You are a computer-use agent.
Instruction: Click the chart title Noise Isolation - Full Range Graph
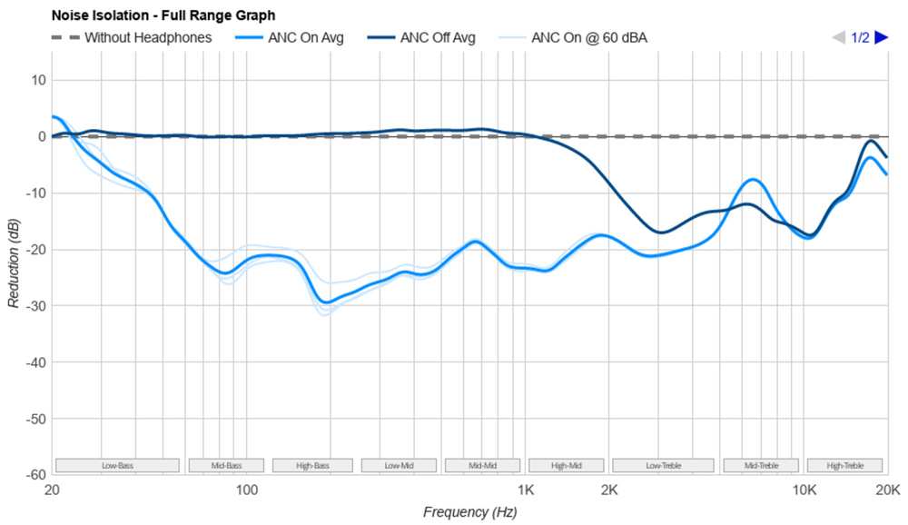(x=163, y=15)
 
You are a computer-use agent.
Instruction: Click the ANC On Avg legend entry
(x=304, y=38)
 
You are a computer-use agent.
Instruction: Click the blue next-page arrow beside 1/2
(x=881, y=38)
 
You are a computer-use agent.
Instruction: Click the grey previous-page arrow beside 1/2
(x=839, y=38)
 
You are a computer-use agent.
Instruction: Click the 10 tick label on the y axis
(x=37, y=80)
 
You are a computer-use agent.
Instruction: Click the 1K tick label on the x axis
(x=526, y=491)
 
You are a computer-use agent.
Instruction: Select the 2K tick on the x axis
(x=609, y=491)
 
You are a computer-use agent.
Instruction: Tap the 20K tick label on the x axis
(x=886, y=491)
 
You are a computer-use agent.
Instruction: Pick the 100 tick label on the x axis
(x=247, y=491)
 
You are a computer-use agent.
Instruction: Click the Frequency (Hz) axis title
(x=469, y=511)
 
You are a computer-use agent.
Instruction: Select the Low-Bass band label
(x=117, y=466)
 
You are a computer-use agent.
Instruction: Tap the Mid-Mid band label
(x=482, y=466)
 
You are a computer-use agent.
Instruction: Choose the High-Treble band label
(x=844, y=466)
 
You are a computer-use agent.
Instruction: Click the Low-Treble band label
(x=664, y=466)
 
